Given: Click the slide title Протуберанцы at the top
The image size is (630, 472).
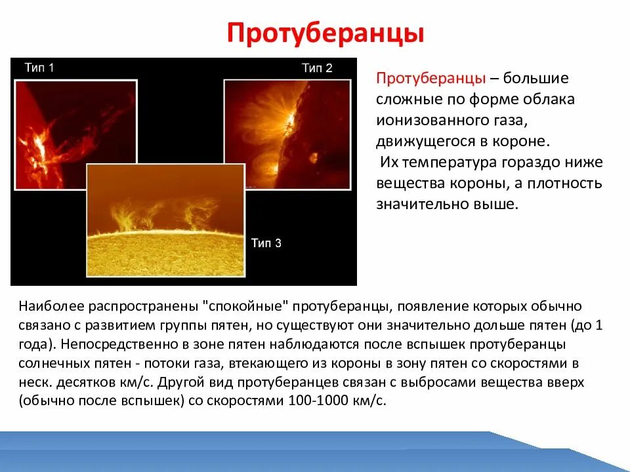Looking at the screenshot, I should pos(325,33).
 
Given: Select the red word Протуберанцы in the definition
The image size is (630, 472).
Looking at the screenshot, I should pos(430,78).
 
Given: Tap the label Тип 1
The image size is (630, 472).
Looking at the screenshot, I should pos(39,68).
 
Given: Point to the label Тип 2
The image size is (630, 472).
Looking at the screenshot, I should pos(317,68).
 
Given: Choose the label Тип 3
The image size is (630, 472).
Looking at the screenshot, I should pos(266,243).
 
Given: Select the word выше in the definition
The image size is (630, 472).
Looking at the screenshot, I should pos(499,204).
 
